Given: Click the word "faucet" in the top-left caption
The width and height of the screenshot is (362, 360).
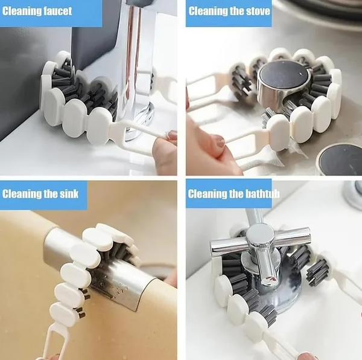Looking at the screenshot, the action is coord(58,11).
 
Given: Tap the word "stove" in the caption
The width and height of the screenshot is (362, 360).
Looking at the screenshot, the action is coord(258,11).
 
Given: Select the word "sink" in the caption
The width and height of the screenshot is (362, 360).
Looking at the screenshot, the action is coord(69,194).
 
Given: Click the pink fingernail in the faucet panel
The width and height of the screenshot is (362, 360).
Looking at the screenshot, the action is coord(171,135).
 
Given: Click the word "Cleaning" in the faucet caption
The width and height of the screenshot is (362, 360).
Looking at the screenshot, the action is coord(22,11).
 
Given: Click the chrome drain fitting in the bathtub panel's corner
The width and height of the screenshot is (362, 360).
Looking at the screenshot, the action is coord(353,194).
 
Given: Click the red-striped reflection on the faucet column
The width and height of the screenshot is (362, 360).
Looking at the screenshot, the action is coord(133,53).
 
